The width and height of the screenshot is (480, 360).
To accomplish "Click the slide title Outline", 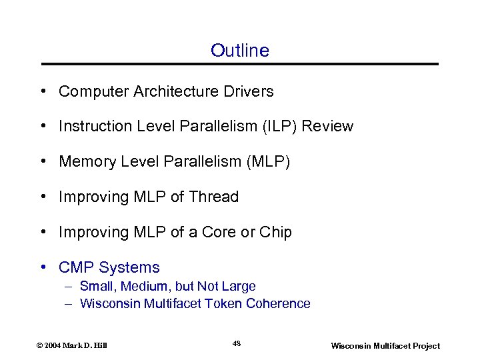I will [x=239, y=51].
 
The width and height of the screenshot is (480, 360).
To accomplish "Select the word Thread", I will [x=213, y=197].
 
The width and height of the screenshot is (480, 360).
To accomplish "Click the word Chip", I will [x=277, y=232].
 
